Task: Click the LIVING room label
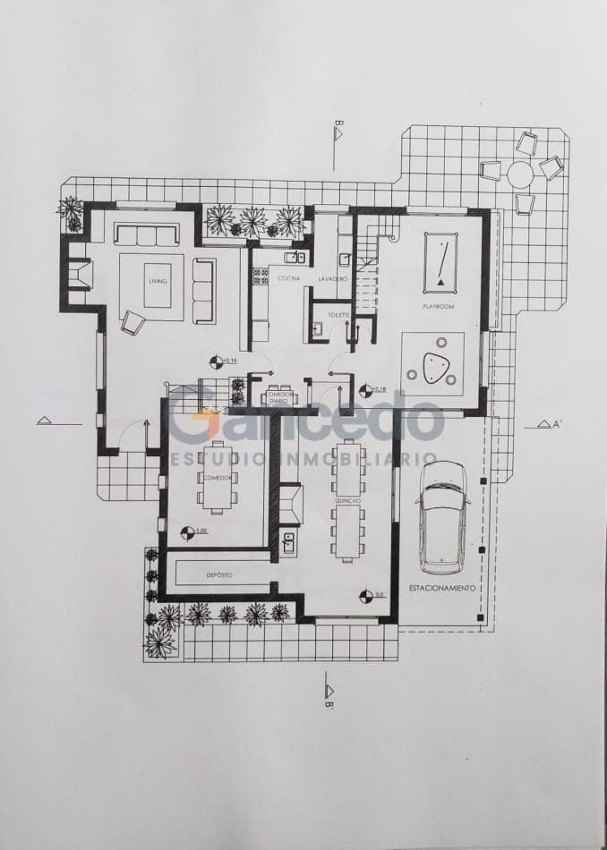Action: click(158, 281)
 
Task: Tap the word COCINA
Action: click(288, 279)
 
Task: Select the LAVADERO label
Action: click(331, 279)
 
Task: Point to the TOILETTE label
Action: click(338, 315)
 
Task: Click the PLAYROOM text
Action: click(440, 306)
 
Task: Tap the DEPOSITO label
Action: click(220, 574)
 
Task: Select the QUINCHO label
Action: click(347, 502)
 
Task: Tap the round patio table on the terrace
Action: click(520, 172)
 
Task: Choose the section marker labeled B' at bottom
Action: click(329, 693)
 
